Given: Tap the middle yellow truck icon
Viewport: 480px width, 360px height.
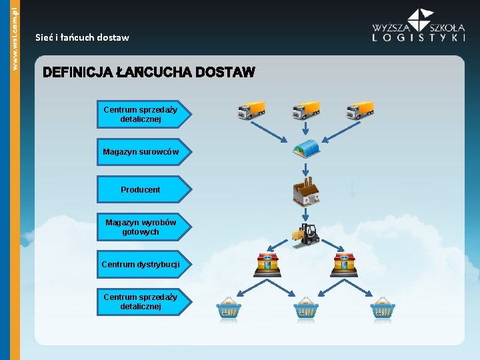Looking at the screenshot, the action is tap(305, 110).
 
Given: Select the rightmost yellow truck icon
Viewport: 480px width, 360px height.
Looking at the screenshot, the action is tap(360, 110).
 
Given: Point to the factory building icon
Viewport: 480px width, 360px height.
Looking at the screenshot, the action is tap(306, 192).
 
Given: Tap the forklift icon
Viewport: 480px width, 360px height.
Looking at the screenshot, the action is tap(305, 234).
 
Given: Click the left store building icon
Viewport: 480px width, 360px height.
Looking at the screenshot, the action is tap(267, 265).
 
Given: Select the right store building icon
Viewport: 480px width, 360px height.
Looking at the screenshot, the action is tap(345, 265).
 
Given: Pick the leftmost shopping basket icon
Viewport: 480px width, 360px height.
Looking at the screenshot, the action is tap(228, 308).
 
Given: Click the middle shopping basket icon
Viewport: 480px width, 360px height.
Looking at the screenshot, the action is tap(305, 308).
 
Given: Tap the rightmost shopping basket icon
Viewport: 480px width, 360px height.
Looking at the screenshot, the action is tap(383, 308).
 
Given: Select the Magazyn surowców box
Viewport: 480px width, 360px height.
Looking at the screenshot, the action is tap(141, 152).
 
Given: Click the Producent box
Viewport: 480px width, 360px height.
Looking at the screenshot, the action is tap(141, 189).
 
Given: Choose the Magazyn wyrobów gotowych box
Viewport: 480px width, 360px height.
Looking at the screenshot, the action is tap(141, 227).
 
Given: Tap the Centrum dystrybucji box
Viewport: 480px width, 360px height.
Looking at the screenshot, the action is tap(141, 265).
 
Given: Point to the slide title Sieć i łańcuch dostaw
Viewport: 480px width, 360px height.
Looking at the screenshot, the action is tap(82, 38).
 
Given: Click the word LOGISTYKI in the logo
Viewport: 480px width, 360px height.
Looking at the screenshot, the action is tap(419, 38).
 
